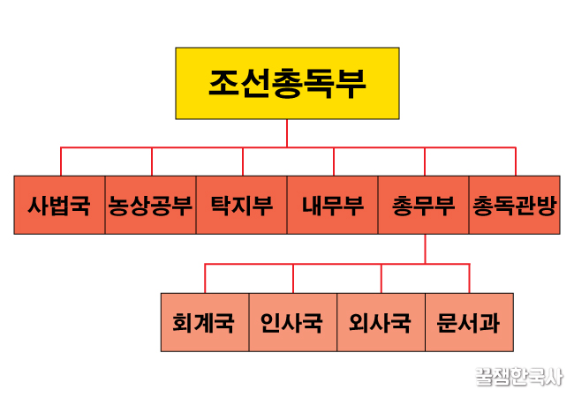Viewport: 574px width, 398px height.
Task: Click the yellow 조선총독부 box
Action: tap(287, 84)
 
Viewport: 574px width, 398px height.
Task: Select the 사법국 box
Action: tap(59, 206)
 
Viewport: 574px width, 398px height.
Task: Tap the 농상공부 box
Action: tap(150, 206)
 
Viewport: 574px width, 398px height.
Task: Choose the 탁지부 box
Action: tap(241, 206)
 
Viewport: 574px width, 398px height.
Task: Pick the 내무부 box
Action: tap(332, 206)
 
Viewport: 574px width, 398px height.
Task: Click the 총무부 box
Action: tap(423, 206)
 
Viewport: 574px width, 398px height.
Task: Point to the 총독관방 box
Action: tap(514, 206)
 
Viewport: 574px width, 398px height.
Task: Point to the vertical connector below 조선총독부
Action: tap(287, 133)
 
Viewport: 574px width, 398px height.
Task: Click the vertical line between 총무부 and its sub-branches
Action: tap(425, 248)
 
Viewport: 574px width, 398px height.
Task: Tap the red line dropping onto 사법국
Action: tap(61, 162)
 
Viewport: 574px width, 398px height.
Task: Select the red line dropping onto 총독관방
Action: tap(515, 162)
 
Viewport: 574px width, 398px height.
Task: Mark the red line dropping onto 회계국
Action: tap(205, 278)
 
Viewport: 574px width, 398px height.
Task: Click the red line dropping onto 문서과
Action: tap(469, 278)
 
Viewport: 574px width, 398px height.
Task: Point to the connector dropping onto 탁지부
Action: tap(243, 162)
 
